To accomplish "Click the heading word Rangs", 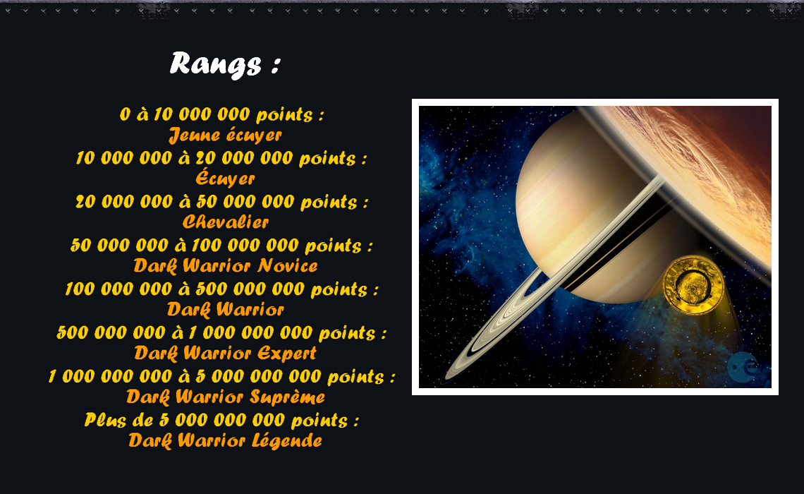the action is point(216,65).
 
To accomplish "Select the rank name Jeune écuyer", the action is point(225,135).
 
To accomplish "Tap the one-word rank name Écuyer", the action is point(225,178).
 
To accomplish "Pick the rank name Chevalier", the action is point(226,222).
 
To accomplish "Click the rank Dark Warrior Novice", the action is point(226,266).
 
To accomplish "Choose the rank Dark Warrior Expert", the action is point(226,353).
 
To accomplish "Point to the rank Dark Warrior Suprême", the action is point(226,397).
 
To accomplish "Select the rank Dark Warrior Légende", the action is point(226,440).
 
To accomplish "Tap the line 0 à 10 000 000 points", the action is point(222,114).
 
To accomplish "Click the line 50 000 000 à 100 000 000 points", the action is point(221,245).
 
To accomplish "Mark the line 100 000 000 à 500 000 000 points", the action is point(221,289).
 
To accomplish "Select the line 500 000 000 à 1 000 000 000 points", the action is point(221,333).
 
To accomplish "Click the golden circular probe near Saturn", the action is point(693,285).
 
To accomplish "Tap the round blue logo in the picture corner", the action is point(743,367).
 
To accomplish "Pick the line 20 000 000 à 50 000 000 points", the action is point(221,202).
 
